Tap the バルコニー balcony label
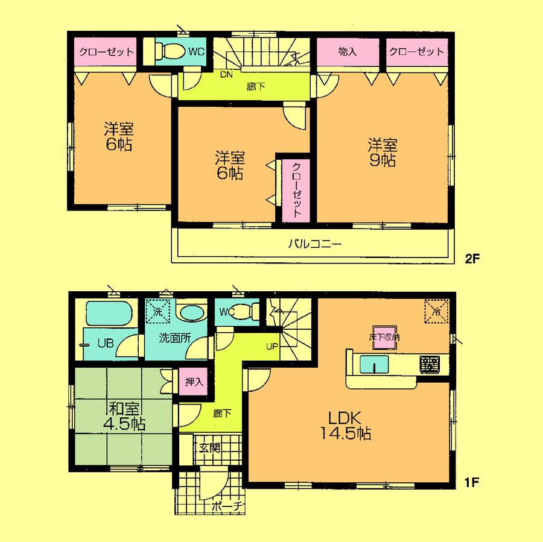click(x=314, y=245)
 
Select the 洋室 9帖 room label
click(x=383, y=153)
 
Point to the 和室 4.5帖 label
click(x=123, y=416)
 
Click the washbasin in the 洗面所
click(x=192, y=314)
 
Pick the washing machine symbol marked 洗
click(x=158, y=313)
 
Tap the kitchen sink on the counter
click(x=374, y=365)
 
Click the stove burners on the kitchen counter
click(x=430, y=364)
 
